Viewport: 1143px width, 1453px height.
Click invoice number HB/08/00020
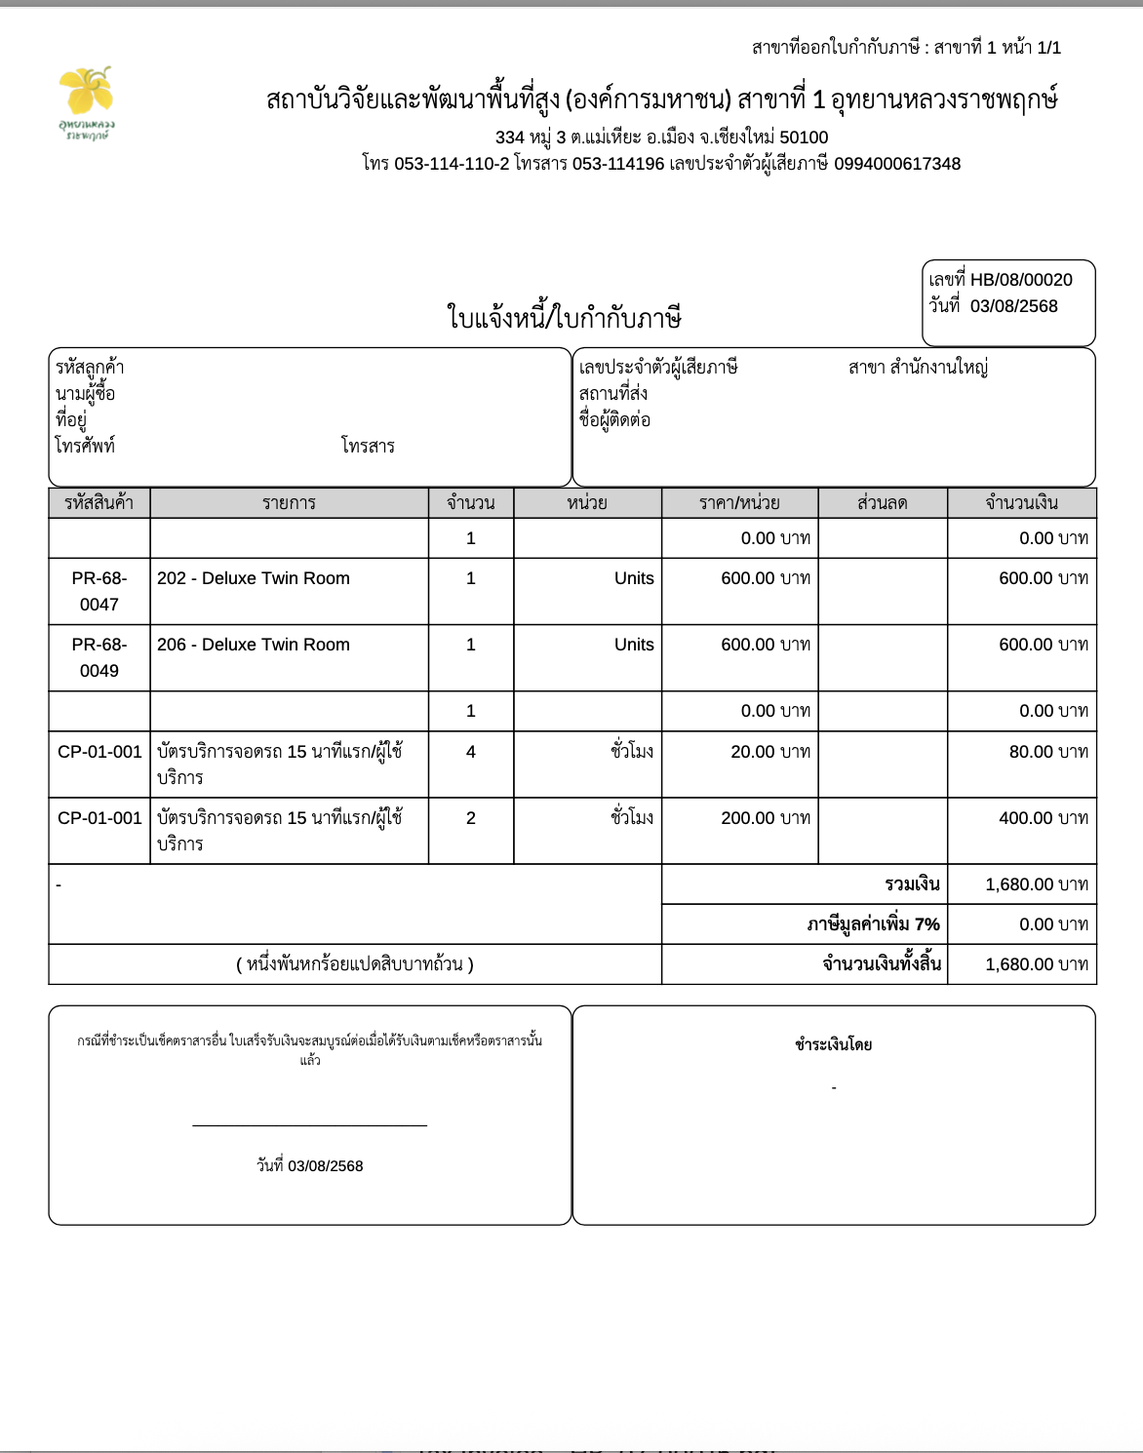(1020, 280)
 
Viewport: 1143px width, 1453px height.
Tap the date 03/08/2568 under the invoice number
(1013, 306)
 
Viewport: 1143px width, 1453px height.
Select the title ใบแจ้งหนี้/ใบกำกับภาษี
(564, 318)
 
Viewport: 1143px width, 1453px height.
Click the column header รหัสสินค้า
(99, 503)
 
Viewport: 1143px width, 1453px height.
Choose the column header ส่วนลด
(882, 503)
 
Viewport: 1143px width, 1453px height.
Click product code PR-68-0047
(99, 591)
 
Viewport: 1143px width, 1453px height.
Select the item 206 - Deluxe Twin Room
(254, 645)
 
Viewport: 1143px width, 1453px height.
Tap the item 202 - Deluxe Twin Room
(254, 578)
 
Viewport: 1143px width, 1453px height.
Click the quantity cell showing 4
(471, 752)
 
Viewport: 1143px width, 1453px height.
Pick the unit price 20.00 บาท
(770, 752)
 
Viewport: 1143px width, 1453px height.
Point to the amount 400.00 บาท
(1043, 818)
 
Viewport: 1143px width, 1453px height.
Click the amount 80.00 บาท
(1048, 752)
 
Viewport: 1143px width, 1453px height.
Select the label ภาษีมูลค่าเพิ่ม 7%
(873, 924)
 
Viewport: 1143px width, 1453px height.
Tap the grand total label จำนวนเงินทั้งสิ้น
(882, 964)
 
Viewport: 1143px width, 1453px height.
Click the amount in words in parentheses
(355, 964)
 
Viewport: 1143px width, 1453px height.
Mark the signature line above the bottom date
(310, 1125)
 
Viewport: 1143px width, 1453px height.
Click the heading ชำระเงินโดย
(833, 1045)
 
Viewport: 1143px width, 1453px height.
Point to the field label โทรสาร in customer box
(368, 447)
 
